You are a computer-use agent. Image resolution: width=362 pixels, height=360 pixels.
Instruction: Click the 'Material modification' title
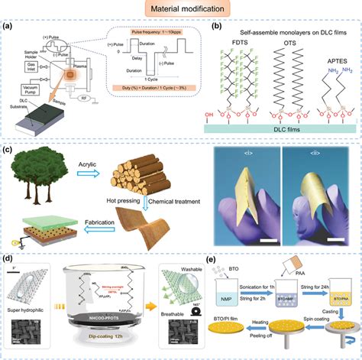[181, 10]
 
